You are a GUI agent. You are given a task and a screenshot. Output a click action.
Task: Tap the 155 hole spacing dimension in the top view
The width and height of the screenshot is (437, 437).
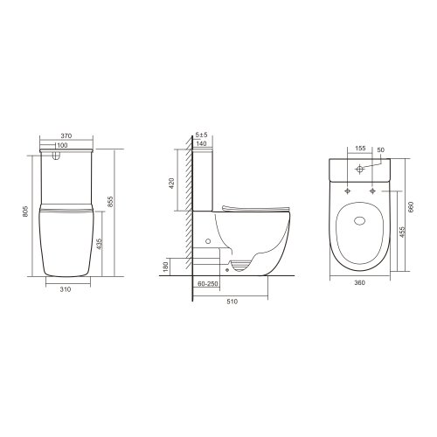click(360, 149)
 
